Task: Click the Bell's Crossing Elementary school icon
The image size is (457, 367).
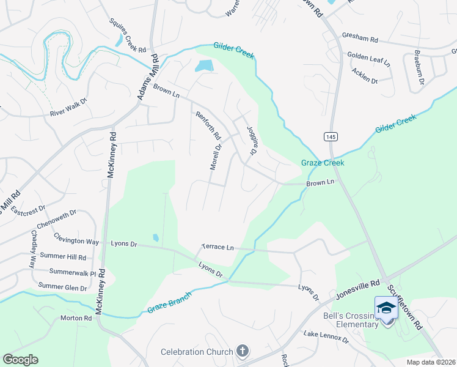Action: click(x=386, y=307)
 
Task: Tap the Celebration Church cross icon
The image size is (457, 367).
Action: click(x=243, y=351)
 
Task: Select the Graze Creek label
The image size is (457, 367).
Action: click(x=323, y=163)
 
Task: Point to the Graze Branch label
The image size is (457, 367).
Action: click(x=169, y=303)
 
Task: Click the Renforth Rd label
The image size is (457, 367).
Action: click(x=208, y=125)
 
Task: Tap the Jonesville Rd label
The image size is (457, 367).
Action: click(x=358, y=291)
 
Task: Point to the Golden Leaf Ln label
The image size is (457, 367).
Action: click(x=369, y=59)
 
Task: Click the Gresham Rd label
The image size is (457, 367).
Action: click(x=360, y=39)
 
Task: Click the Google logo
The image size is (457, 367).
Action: click(x=20, y=360)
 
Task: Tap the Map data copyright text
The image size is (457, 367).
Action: click(x=430, y=362)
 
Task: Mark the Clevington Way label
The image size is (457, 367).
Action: click(x=76, y=240)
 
